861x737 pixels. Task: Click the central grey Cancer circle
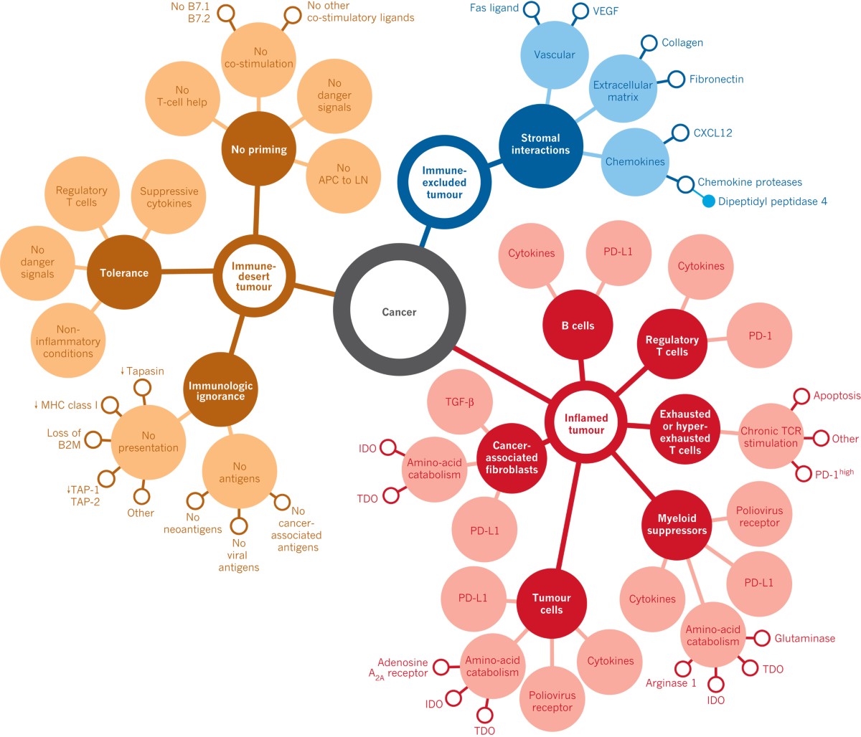(399, 312)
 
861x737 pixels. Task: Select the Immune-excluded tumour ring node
(444, 182)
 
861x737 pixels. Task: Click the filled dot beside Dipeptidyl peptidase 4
(708, 201)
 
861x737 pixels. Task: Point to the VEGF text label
(606, 11)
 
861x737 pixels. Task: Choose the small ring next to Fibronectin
(676, 80)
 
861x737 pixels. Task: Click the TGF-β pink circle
(459, 402)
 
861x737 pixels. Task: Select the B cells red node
(578, 325)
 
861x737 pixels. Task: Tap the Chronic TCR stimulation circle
(770, 437)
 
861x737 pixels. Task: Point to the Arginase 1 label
(671, 683)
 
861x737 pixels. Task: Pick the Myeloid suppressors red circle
(677, 525)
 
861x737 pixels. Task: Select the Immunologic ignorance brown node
(220, 391)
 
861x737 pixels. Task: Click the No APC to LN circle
(343, 174)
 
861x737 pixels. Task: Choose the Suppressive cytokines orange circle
(169, 197)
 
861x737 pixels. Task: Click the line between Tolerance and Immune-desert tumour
(187, 272)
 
